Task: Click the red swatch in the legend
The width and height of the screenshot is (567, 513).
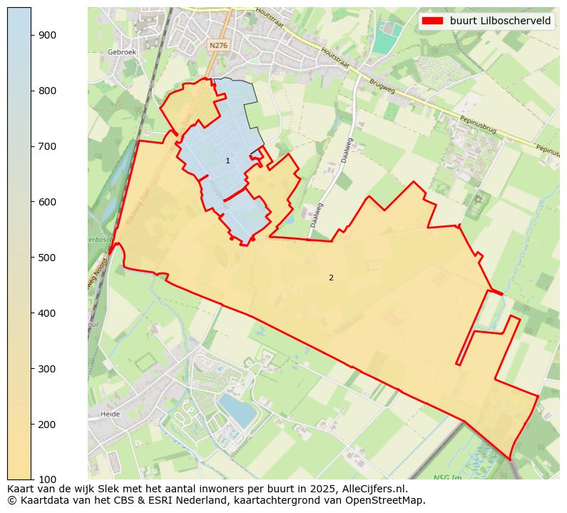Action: [432, 21]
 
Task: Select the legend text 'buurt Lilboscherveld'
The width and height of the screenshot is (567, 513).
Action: [500, 21]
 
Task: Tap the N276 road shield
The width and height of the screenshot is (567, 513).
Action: [218, 45]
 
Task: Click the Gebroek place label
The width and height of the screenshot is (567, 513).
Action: [121, 52]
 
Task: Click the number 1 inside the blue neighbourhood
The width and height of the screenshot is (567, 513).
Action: [228, 161]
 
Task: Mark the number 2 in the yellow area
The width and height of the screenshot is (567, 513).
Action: [331, 278]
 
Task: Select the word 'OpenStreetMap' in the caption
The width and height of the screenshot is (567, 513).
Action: [389, 500]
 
